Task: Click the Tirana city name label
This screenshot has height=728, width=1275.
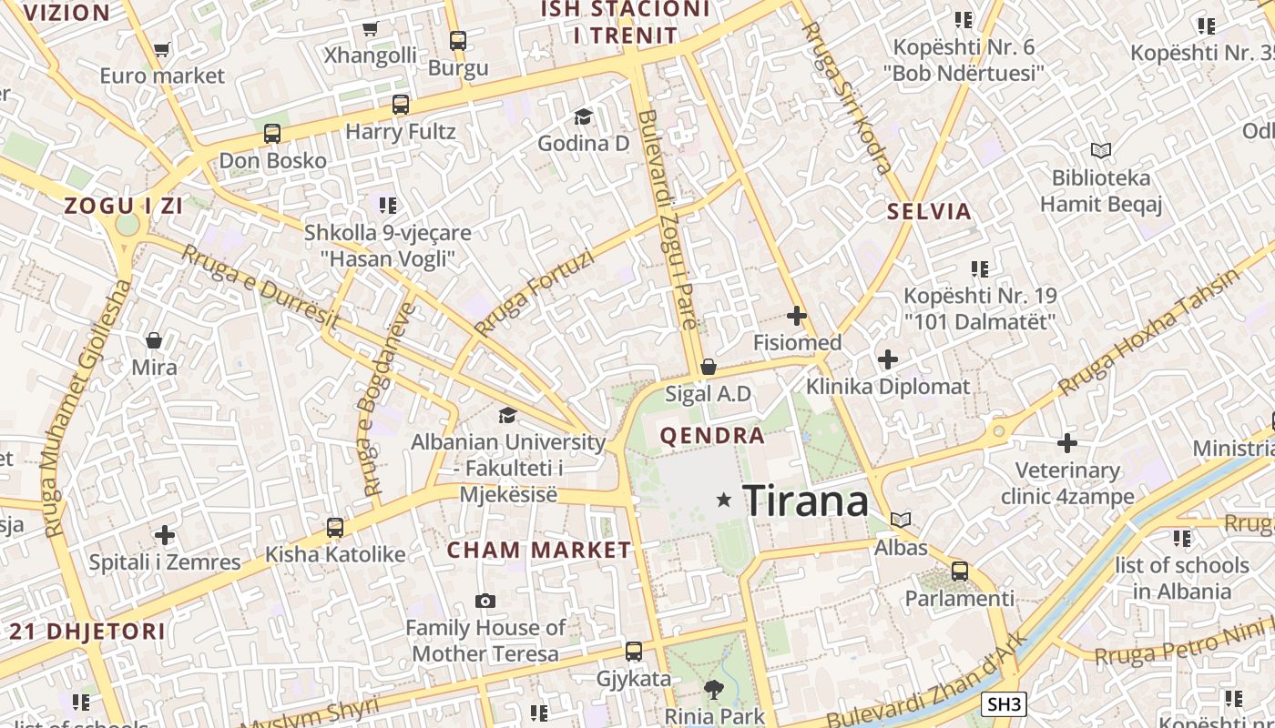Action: (806, 500)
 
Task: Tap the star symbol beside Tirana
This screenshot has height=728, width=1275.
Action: (724, 500)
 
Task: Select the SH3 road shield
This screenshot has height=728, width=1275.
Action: (1005, 703)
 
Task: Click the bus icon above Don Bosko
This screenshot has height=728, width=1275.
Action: (272, 134)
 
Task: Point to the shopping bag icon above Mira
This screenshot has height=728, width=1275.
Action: (154, 340)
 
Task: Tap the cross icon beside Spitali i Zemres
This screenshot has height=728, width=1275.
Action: (165, 534)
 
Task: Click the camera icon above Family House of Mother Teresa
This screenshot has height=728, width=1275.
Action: (485, 601)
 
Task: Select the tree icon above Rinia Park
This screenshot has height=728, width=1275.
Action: (714, 690)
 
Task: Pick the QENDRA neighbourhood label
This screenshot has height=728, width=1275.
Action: (712, 436)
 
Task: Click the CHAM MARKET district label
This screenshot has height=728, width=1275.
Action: (539, 550)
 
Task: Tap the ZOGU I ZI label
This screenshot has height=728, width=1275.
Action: (124, 206)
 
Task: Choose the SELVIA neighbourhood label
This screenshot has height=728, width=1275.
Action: (930, 212)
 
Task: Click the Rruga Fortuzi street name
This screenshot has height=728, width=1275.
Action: (534, 293)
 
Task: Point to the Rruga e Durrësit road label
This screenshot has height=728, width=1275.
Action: (260, 287)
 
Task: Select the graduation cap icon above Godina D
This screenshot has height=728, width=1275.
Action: (583, 116)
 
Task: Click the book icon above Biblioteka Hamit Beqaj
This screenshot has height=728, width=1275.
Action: (1101, 150)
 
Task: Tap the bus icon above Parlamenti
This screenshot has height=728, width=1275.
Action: (960, 571)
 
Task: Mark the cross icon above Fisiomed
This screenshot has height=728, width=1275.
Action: (797, 316)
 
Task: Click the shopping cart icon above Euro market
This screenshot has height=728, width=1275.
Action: (161, 50)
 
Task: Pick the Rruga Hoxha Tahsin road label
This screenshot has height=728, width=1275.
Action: (1149, 332)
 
